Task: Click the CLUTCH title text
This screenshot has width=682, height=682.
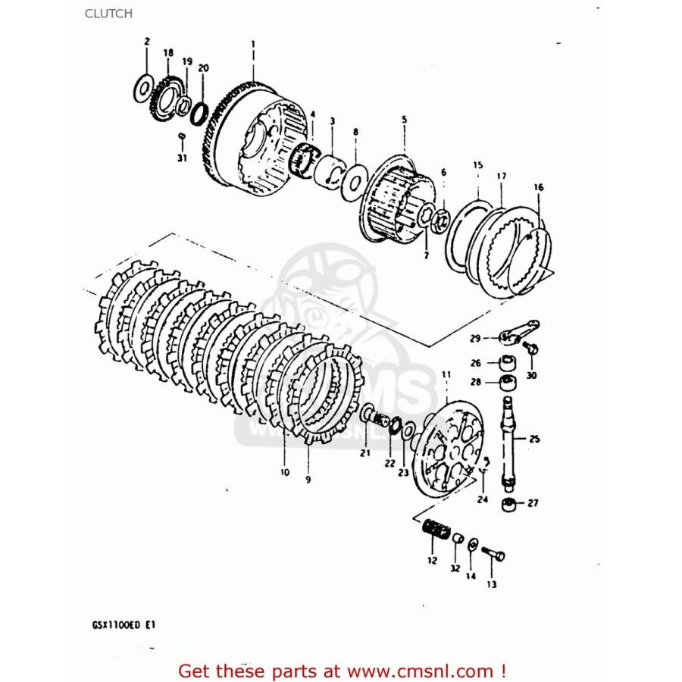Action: [x=109, y=13]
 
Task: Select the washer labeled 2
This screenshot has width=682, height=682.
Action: [x=142, y=89]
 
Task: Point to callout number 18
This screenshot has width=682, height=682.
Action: [x=167, y=53]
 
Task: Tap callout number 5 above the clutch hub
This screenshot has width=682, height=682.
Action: [x=404, y=120]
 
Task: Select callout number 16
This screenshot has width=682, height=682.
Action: [x=539, y=187]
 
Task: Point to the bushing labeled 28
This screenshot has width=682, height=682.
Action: [x=506, y=381]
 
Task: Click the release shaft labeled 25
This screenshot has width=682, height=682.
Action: [x=508, y=440]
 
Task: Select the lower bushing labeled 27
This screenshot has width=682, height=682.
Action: [x=510, y=504]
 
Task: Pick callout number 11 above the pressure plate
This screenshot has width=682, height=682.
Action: [x=446, y=374]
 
